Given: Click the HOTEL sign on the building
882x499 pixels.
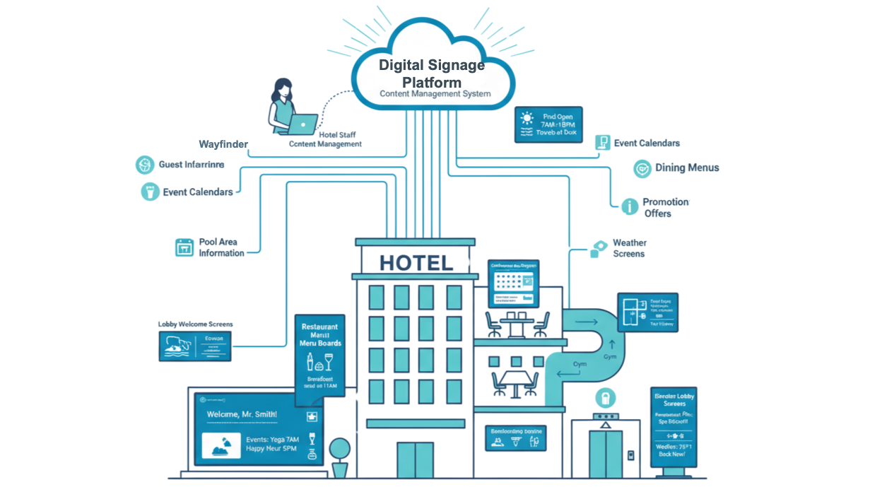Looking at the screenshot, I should click(416, 263).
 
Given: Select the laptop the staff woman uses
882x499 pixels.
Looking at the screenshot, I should click(302, 124).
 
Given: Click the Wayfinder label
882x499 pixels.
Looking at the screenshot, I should click(223, 144).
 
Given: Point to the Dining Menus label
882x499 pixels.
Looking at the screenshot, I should click(686, 168).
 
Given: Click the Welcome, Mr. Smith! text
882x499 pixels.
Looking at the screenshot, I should click(242, 414).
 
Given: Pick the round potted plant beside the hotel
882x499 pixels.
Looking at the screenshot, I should click(340, 450).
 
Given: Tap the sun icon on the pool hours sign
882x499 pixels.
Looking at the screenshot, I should click(527, 118).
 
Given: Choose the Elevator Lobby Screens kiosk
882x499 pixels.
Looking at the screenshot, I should click(674, 426).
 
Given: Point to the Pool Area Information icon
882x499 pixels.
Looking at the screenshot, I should click(184, 247).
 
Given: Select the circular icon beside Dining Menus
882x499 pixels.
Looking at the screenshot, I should click(642, 168).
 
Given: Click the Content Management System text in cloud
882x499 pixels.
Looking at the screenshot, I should click(435, 94).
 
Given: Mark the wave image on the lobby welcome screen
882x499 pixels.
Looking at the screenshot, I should click(177, 344).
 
